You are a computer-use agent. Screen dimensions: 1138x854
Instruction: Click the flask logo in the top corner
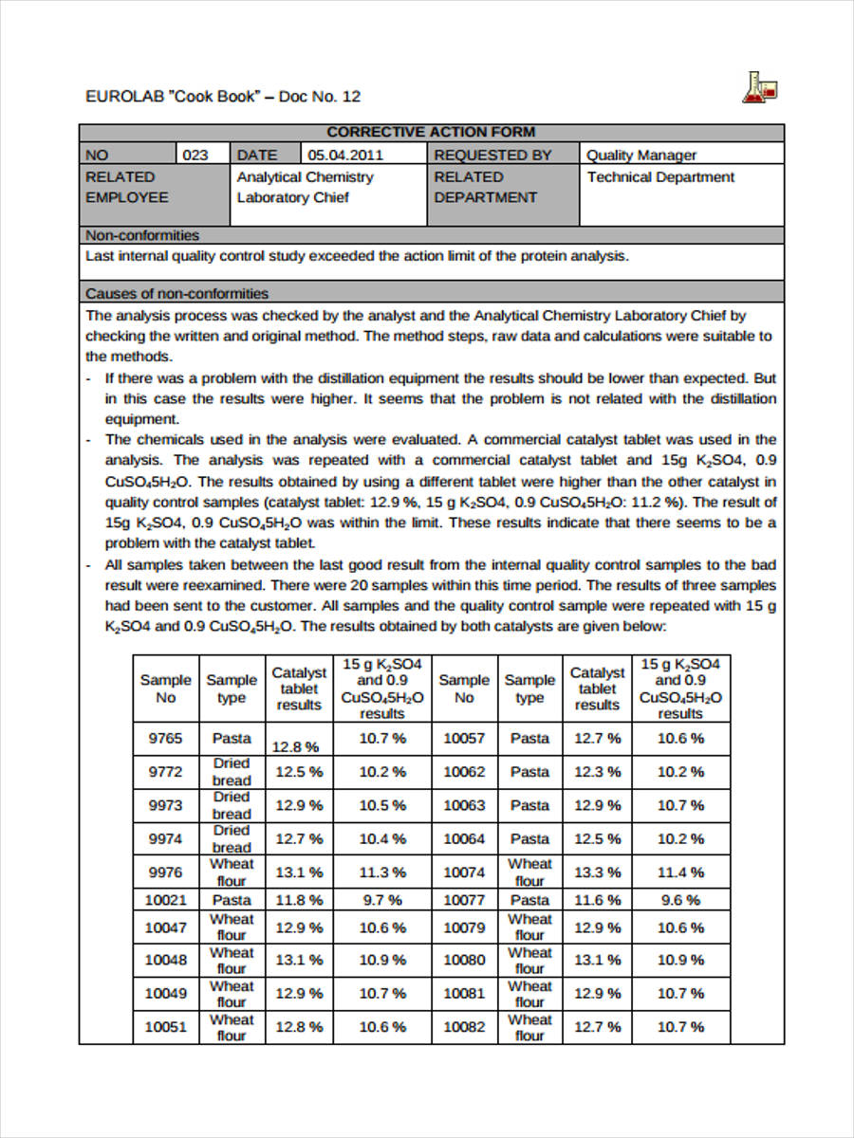(x=761, y=88)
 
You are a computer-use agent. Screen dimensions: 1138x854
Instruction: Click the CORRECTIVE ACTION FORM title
(x=431, y=133)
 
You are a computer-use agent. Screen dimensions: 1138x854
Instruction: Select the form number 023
(x=195, y=155)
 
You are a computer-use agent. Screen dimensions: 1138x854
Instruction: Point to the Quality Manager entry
(x=641, y=155)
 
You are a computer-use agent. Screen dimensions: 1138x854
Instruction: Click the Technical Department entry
(x=660, y=177)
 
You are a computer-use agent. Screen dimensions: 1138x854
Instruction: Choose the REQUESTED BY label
(x=492, y=155)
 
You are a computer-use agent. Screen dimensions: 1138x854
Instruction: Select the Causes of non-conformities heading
(x=177, y=293)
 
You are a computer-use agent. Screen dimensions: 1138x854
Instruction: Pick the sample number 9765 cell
(x=166, y=738)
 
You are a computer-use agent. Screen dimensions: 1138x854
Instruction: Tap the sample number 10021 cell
(x=166, y=900)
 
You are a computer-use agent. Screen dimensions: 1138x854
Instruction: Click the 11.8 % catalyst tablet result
(x=299, y=900)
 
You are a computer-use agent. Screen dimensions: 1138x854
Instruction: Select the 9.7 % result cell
(x=382, y=900)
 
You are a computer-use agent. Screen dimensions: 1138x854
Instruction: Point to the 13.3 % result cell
(x=597, y=872)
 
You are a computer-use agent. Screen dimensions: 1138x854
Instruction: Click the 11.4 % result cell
(x=680, y=872)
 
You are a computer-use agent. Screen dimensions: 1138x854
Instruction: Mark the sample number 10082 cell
(x=464, y=1027)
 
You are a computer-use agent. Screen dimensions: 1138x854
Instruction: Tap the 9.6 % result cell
(x=680, y=900)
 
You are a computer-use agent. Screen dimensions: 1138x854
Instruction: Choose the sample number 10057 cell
(x=464, y=738)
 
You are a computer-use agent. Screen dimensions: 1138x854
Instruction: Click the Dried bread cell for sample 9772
(x=232, y=772)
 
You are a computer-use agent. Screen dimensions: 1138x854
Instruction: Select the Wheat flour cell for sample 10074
(x=529, y=872)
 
